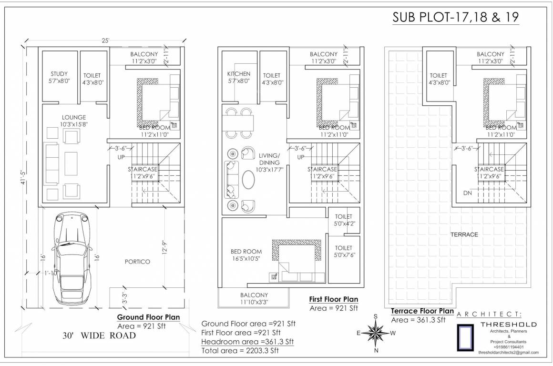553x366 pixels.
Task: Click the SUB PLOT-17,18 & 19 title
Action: [455, 17]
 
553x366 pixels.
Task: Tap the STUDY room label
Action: [59, 78]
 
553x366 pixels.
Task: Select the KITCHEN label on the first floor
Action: [238, 78]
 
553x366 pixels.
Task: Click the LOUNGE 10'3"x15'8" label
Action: [73, 121]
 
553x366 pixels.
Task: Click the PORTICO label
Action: [137, 262]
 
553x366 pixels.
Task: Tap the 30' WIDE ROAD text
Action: [99, 335]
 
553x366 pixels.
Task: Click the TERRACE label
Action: [464, 234]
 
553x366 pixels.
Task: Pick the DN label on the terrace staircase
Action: [468, 193]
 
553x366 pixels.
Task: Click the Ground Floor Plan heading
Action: [148, 317]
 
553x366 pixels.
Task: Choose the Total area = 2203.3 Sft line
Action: [240, 350]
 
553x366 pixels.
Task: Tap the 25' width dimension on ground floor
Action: [105, 41]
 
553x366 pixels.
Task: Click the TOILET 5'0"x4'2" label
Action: [344, 220]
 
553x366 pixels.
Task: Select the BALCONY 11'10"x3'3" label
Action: [254, 298]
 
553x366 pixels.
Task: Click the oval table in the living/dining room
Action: [248, 181]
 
